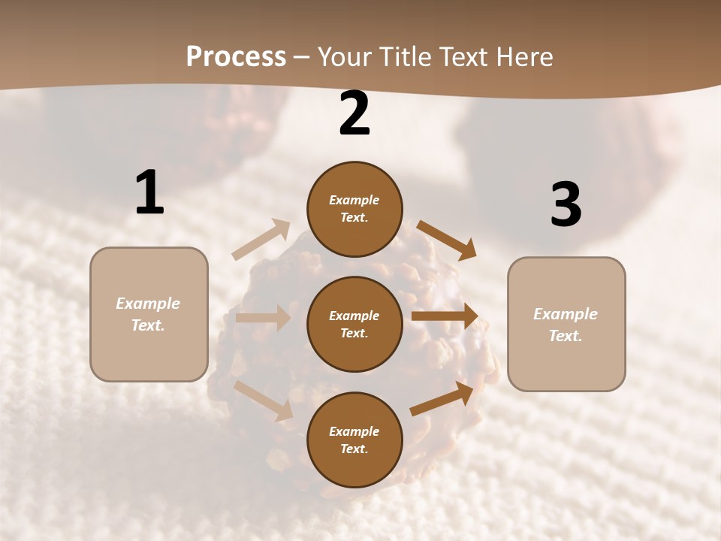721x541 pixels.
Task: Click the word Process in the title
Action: coord(236,57)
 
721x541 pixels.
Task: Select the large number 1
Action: coord(149,193)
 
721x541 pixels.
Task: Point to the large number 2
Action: coord(354,114)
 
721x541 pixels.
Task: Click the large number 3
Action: coord(566,205)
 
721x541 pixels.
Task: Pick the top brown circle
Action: coord(354,209)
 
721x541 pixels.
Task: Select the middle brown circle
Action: coord(354,324)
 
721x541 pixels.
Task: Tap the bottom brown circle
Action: coord(354,440)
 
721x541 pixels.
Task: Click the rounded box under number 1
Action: coord(149,314)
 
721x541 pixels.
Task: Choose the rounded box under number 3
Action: coord(566,324)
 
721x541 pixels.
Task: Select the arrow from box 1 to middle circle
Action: coord(263,318)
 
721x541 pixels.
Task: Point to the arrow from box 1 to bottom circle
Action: coord(264,400)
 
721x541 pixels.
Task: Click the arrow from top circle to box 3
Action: coord(447,240)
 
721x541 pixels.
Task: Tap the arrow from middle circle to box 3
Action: coord(445,316)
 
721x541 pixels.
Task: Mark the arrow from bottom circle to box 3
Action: coord(442,397)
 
